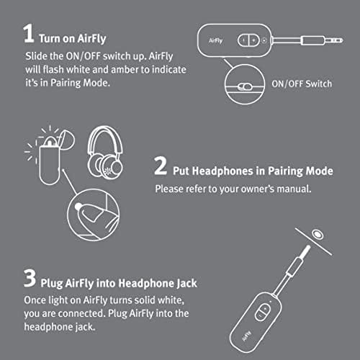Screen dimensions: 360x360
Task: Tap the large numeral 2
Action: (x=162, y=170)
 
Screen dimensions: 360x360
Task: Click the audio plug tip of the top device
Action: (x=332, y=40)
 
